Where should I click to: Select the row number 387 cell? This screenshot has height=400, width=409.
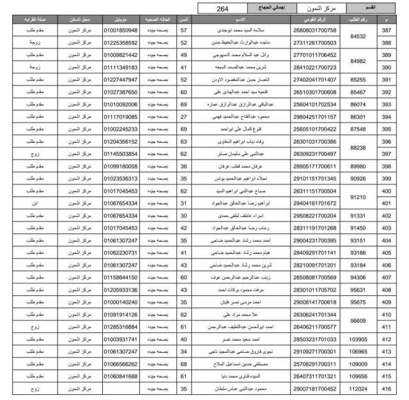[385, 31]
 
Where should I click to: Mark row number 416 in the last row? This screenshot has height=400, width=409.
[385, 388]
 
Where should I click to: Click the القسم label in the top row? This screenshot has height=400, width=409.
[385, 8]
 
